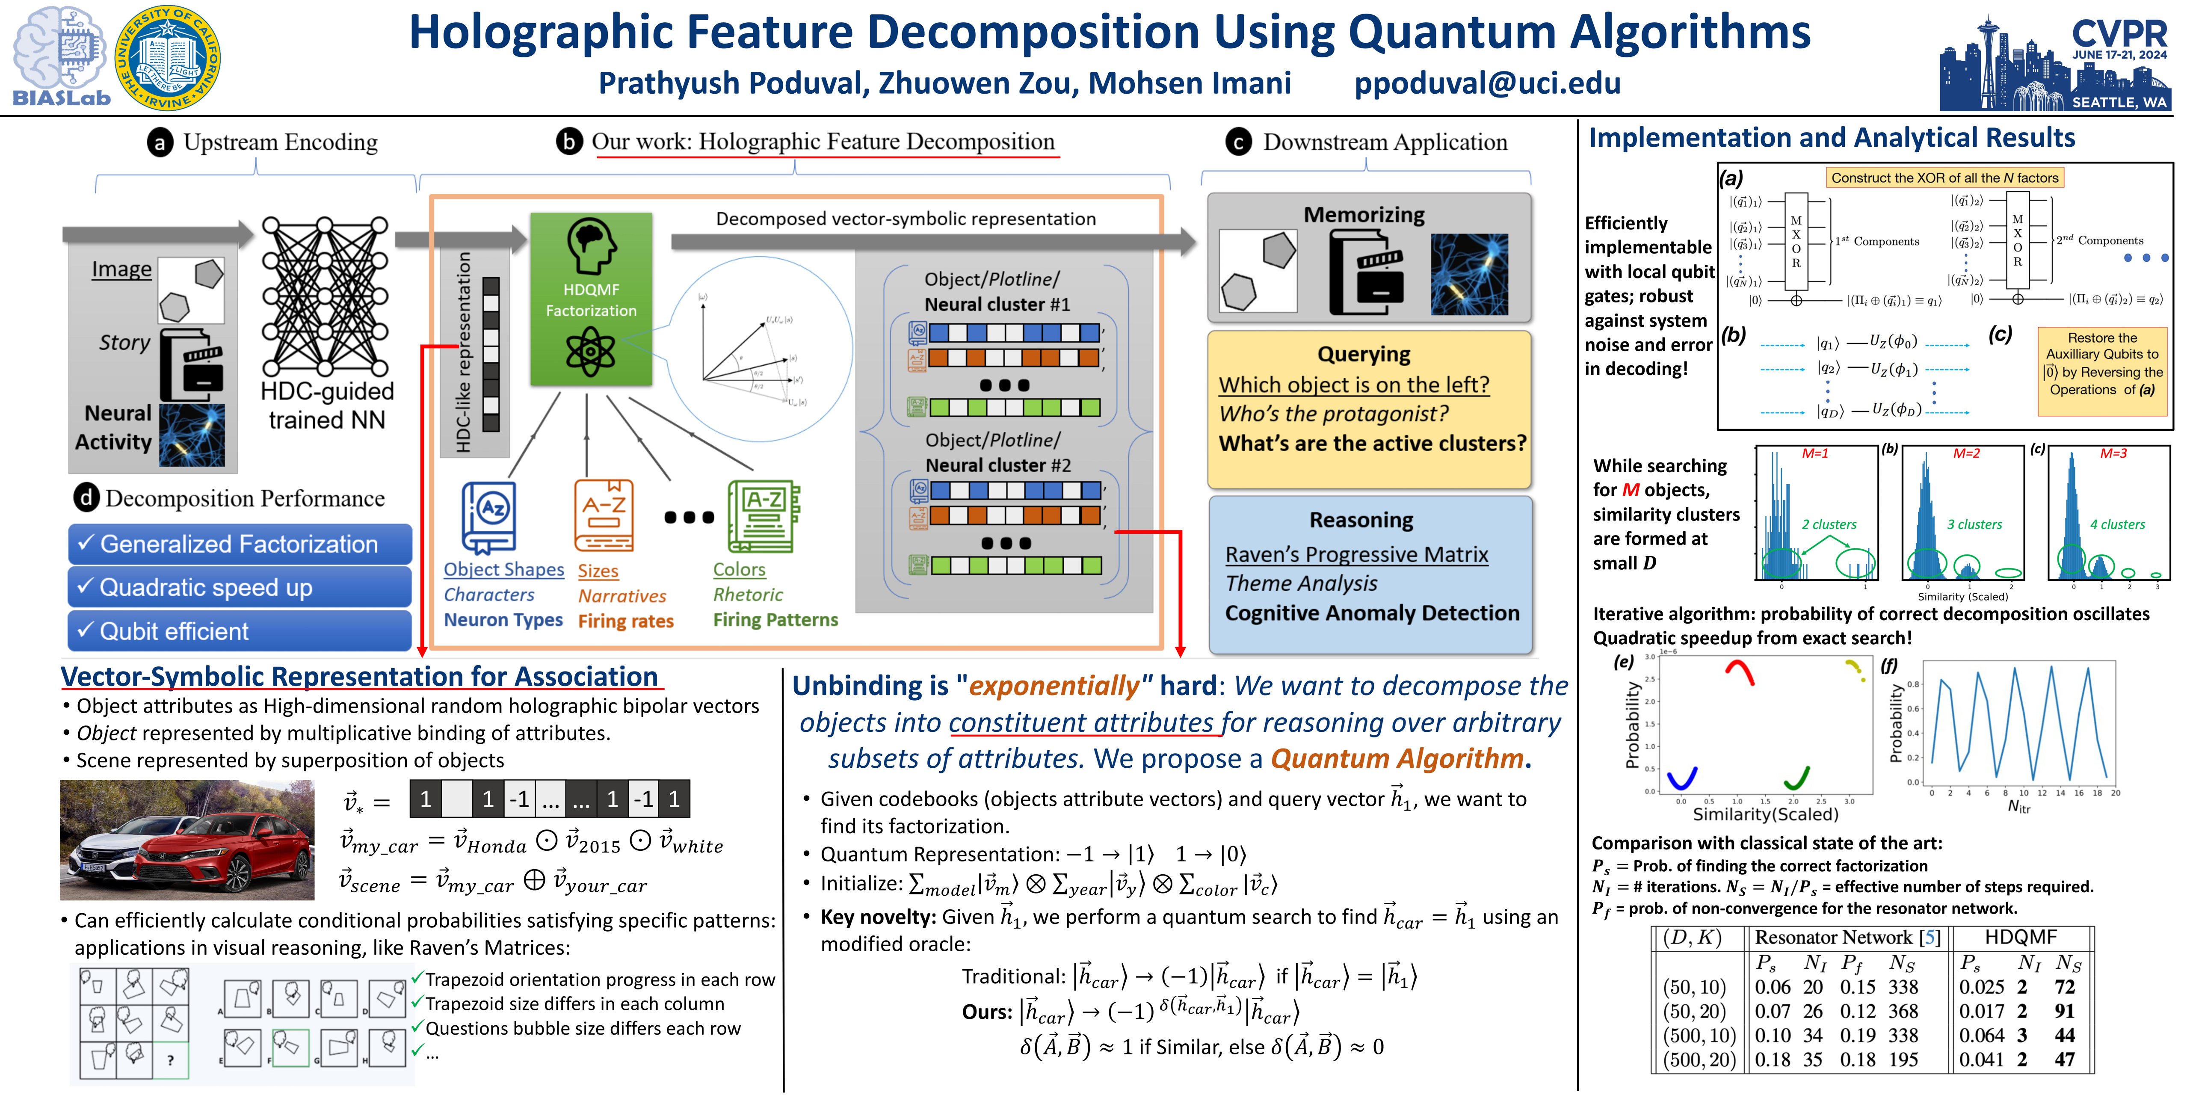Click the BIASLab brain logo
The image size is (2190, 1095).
[x=59, y=55]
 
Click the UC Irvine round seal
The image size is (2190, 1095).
[x=168, y=58]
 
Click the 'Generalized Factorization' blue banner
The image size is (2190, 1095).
[x=240, y=544]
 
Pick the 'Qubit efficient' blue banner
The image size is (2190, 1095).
[x=240, y=631]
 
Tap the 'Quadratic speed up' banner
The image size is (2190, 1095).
[x=240, y=587]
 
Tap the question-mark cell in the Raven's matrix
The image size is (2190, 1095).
[x=171, y=1059]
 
